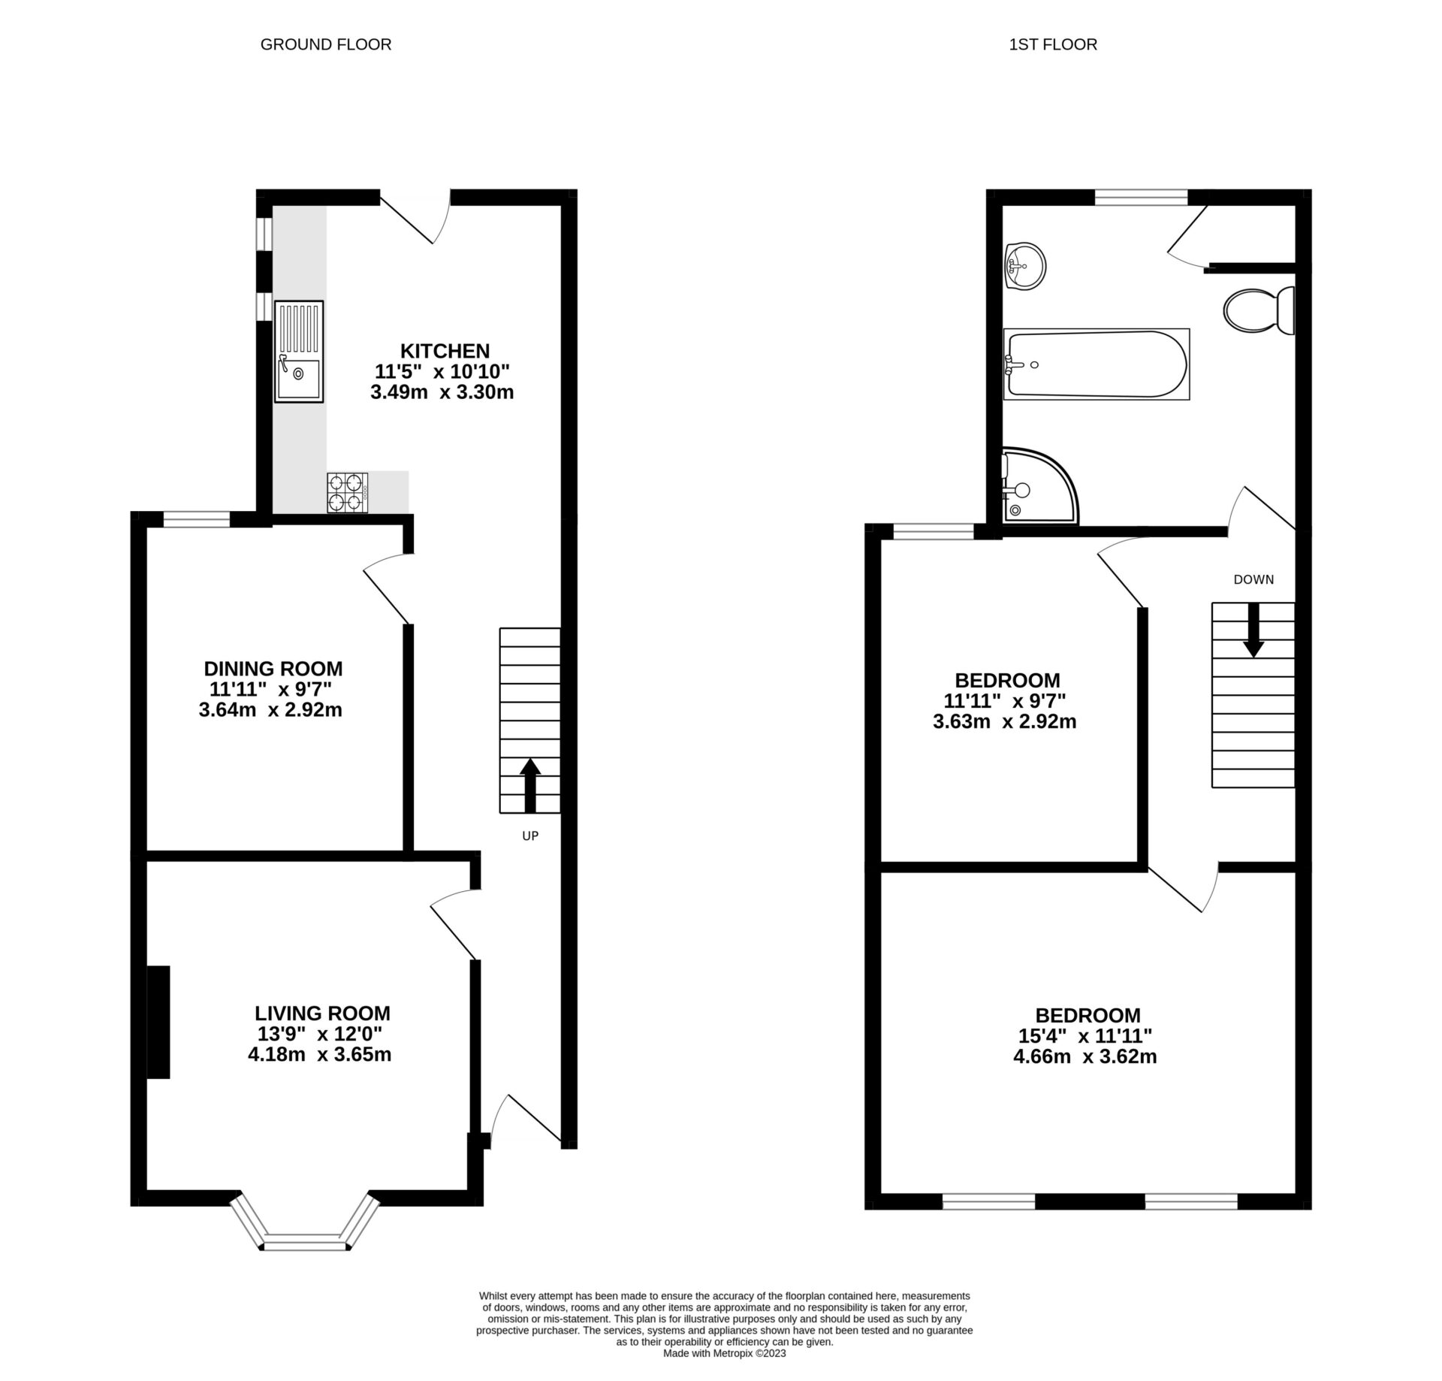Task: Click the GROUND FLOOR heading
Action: pyautogui.click(x=325, y=44)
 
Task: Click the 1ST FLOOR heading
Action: pyautogui.click(x=1052, y=44)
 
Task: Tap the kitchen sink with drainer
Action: pyautogui.click(x=298, y=351)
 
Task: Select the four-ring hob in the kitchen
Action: pyautogui.click(x=348, y=492)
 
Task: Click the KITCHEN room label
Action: pyautogui.click(x=445, y=351)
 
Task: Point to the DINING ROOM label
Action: pyautogui.click(x=273, y=668)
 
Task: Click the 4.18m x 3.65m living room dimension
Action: pyautogui.click(x=319, y=1054)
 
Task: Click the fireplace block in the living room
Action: pyautogui.click(x=158, y=1022)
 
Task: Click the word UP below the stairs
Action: pyautogui.click(x=530, y=836)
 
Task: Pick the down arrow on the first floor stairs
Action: pyautogui.click(x=1253, y=630)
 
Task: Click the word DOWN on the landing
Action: pyautogui.click(x=1253, y=579)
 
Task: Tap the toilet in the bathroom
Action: pyautogui.click(x=1259, y=310)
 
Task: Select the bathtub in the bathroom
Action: pyautogui.click(x=1097, y=364)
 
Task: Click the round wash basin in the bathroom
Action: pyautogui.click(x=1024, y=265)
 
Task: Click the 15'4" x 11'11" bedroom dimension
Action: pyautogui.click(x=1085, y=1036)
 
